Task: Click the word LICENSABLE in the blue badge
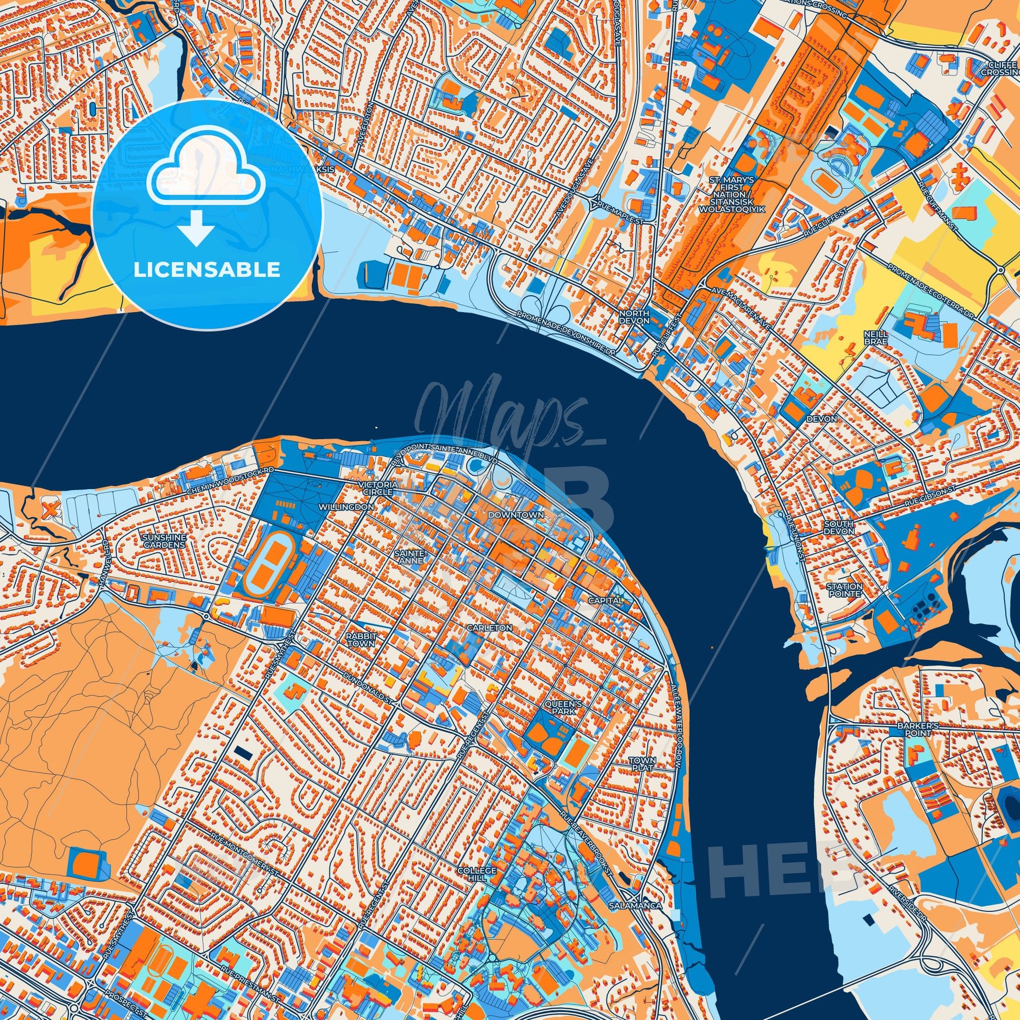(207, 270)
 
